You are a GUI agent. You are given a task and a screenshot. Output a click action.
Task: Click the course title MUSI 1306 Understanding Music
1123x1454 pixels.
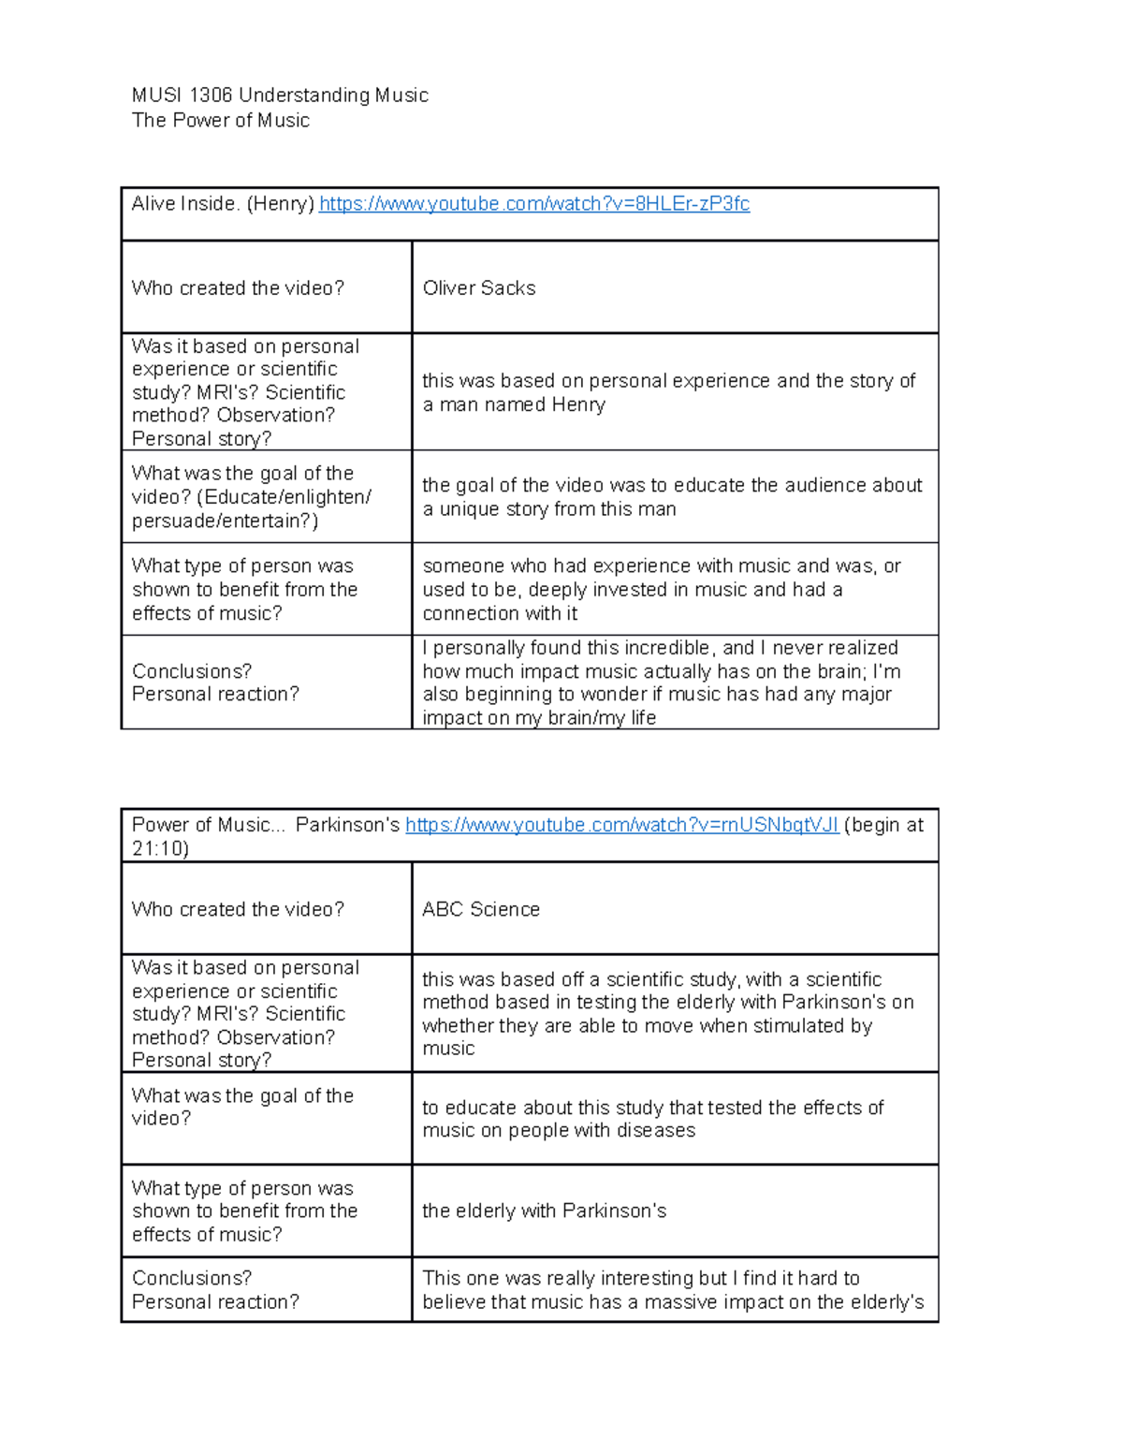[280, 95]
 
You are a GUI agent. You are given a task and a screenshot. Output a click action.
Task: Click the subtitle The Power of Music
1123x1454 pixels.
[221, 120]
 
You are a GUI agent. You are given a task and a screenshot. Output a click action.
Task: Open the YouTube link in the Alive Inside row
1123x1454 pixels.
[534, 204]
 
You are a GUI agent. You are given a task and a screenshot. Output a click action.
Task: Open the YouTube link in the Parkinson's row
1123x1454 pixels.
[621, 825]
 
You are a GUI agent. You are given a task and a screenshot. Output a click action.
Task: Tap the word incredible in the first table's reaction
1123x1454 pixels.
[664, 648]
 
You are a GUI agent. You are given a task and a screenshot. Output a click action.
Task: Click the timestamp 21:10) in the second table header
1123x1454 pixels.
[160, 849]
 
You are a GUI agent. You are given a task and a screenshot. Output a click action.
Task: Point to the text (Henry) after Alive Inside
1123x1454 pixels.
[280, 204]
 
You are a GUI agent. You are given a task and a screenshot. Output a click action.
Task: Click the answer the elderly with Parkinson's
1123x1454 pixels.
[544, 1211]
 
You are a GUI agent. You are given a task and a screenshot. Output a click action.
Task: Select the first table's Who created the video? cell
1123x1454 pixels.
[239, 288]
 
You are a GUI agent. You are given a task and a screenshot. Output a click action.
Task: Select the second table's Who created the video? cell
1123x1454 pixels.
[239, 909]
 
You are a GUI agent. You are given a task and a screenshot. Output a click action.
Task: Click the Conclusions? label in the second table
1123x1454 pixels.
[192, 1278]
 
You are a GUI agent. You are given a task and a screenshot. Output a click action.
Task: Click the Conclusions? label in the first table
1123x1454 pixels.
[192, 671]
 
